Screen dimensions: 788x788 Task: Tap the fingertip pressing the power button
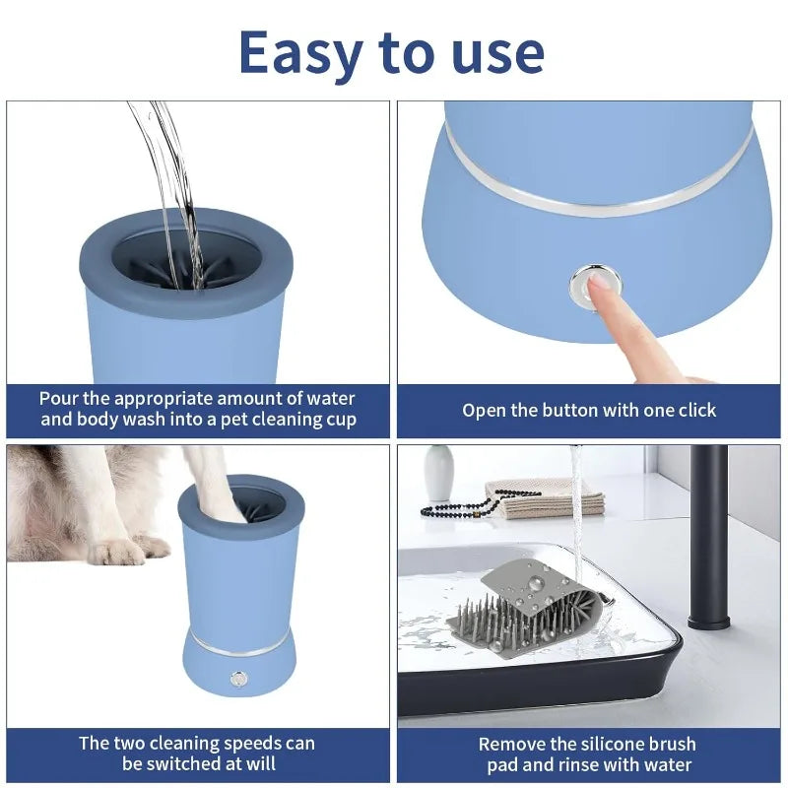pos(598,285)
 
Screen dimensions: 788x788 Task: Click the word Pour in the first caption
pos(60,399)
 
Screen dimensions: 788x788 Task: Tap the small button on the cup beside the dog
pos(237,678)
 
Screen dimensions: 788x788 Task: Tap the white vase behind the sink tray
pos(439,473)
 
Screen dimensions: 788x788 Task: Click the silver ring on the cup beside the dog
pos(240,645)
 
